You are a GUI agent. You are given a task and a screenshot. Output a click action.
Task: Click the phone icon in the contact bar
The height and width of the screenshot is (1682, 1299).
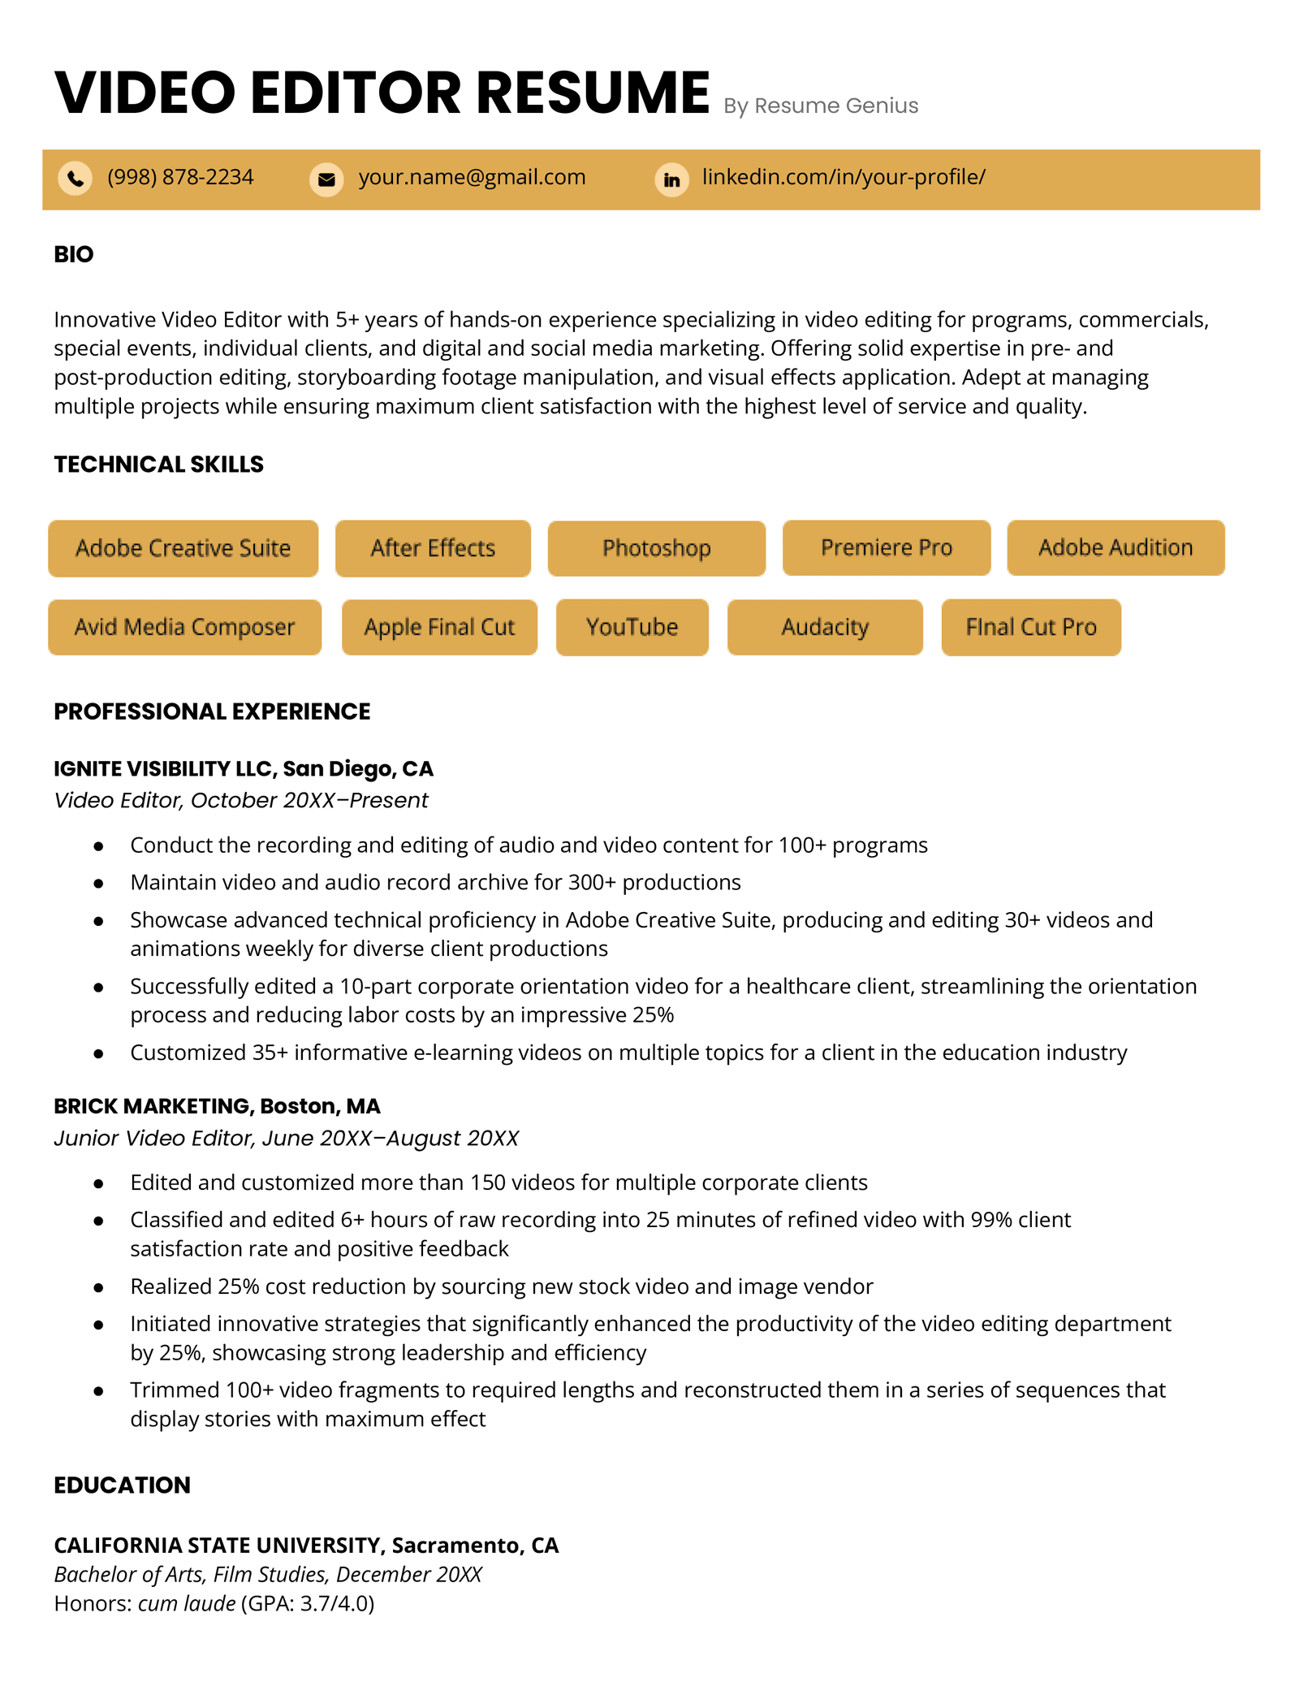pos(75,178)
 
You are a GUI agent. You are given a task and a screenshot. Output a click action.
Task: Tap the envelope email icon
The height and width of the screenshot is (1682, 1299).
pos(326,179)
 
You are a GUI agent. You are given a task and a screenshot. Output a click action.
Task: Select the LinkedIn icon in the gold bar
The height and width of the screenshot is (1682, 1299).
pos(671,179)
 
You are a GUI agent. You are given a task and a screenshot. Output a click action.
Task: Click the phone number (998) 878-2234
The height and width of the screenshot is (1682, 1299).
pos(180,177)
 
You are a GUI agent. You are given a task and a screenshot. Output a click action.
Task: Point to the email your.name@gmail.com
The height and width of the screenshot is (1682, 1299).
pos(472,177)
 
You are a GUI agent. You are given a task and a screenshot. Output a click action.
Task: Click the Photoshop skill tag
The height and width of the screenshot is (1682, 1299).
pos(656,548)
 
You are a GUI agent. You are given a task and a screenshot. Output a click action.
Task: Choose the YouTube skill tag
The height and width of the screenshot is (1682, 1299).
pos(632,627)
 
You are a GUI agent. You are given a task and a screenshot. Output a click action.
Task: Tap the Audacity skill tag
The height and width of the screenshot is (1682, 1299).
pos(824,627)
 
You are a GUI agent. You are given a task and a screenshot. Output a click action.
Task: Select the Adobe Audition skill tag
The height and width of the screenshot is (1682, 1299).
pos(1115,547)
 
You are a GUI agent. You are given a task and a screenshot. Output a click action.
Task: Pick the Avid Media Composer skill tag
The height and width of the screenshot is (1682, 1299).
pos(184,627)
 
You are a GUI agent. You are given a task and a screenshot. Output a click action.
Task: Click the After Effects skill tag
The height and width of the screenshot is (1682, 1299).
pos(433,548)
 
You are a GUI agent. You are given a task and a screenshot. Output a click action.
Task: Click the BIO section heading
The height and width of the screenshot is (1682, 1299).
pos(74,254)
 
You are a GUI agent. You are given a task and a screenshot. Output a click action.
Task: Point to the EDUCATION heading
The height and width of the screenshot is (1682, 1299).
pos(122,1485)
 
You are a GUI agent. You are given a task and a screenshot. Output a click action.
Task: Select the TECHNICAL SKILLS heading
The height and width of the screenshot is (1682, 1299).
pos(158,464)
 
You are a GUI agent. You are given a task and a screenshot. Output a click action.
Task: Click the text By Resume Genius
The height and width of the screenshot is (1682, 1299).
pos(820,106)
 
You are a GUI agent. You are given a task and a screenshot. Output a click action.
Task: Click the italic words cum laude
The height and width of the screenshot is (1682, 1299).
pos(187,1603)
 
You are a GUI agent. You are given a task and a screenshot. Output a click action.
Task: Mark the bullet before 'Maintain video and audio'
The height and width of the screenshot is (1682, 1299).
pos(98,883)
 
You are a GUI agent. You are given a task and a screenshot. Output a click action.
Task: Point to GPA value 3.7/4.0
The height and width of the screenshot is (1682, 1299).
pos(334,1603)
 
